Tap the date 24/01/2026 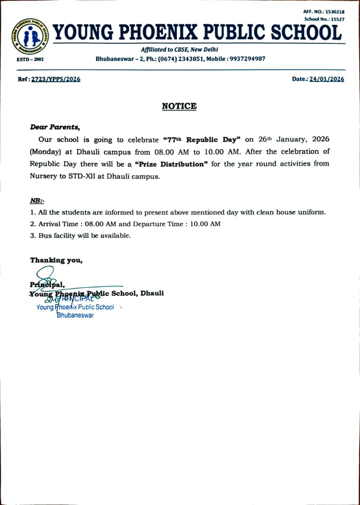326,79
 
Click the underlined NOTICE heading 179,106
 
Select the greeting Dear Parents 55,127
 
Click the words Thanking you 56,260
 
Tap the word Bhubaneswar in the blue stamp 75,315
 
